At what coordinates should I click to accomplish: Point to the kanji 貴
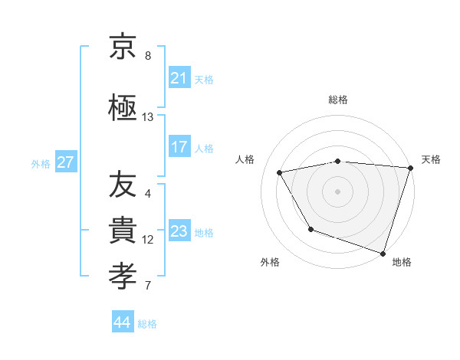pos(123,228)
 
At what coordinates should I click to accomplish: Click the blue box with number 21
pos(179,77)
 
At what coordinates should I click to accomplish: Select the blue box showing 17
pos(179,147)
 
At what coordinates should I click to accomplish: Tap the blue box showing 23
pos(179,231)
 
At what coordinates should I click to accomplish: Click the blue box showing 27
pos(65,162)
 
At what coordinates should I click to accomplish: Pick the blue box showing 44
pos(123,323)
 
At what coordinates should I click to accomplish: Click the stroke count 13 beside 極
pos(147,117)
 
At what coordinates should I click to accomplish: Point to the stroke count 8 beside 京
pos(147,56)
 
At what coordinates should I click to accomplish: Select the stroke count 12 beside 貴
pos(147,240)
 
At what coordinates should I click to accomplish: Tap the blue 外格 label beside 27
pos(41,163)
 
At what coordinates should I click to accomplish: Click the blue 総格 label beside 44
pos(147,324)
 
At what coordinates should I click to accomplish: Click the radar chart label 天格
pos(431,159)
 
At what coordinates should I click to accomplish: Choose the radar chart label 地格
pos(402,262)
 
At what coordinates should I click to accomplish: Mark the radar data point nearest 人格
pos(280,173)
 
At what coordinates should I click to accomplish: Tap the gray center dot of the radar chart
pos(338,191)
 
